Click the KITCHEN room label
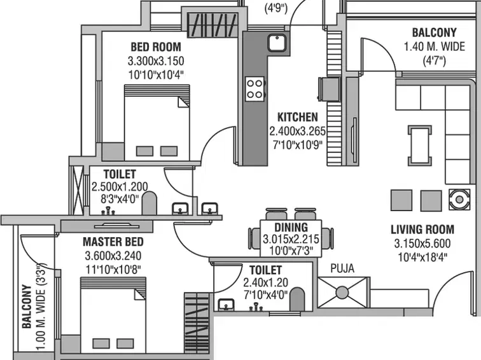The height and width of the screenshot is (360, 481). click(297, 118)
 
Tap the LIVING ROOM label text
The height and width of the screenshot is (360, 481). click(422, 230)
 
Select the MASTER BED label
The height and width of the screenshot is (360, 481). click(113, 242)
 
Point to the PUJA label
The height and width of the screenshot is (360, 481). click(342, 268)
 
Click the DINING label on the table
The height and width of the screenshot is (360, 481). click(291, 227)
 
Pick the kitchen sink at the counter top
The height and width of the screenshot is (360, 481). click(277, 43)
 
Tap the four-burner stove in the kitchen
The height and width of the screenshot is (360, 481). click(255, 87)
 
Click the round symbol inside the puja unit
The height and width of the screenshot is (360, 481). click(342, 293)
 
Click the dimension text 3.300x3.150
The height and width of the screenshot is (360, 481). click(156, 61)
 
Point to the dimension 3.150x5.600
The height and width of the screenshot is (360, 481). click(422, 244)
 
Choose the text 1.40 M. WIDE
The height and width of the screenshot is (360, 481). click(433, 46)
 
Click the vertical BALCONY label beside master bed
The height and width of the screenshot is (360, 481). click(27, 306)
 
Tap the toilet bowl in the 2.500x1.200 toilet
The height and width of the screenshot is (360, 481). click(149, 204)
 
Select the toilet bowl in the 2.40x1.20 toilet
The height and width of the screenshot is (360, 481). click(296, 301)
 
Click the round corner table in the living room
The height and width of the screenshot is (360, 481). click(457, 200)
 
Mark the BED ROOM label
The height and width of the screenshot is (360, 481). click(156, 46)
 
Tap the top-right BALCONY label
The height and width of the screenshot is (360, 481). click(434, 32)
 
